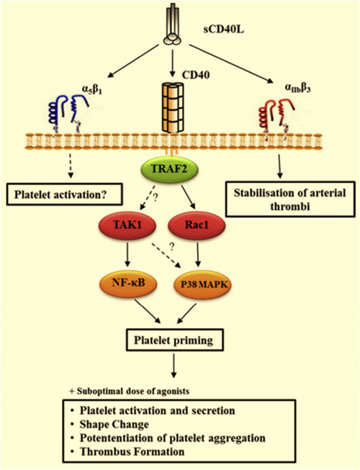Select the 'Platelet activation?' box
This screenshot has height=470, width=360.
[66, 194]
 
